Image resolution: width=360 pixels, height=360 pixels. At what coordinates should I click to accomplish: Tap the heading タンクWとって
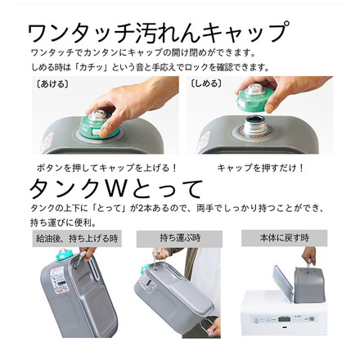point(115,187)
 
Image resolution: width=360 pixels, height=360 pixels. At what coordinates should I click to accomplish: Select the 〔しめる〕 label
point(205,83)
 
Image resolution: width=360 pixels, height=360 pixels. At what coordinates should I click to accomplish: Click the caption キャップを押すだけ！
point(260,167)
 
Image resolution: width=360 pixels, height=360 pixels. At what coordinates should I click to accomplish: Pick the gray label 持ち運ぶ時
point(180,238)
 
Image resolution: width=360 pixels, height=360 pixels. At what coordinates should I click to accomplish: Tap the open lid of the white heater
point(281,282)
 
